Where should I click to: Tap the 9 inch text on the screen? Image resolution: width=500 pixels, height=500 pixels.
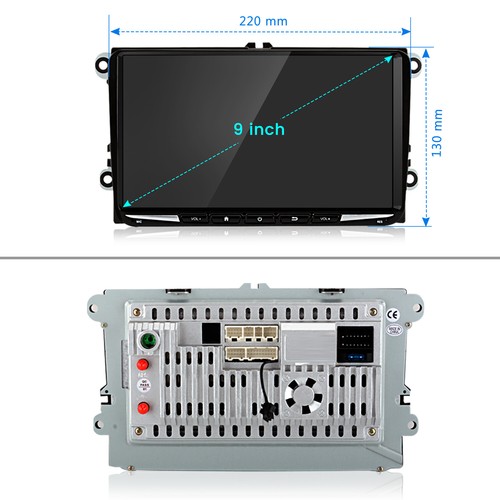click(259, 129)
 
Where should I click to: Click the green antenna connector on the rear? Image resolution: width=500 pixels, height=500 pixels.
click(147, 341)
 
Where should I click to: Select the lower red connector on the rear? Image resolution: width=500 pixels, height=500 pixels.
click(146, 407)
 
